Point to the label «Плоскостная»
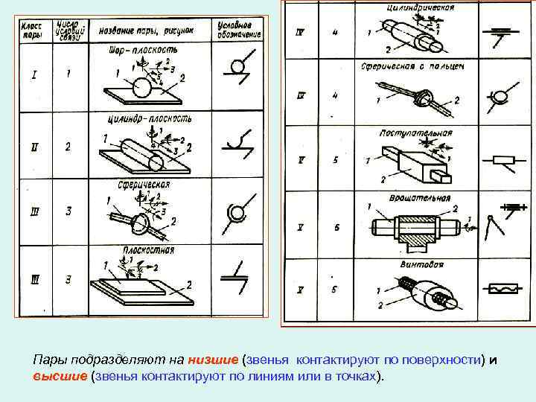point(148,251)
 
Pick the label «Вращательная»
point(419,198)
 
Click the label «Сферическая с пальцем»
point(423,66)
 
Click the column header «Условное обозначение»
point(239,30)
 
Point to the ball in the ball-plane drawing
point(141,88)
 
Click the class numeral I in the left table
point(33,74)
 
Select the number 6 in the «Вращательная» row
point(336,227)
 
